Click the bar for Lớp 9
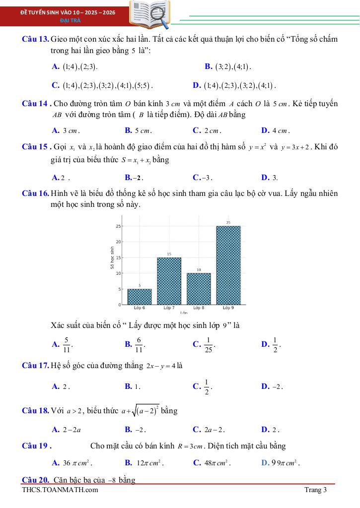coord(228,265)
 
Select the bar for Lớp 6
coord(140,296)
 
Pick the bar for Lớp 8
coord(199,288)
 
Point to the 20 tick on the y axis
coord(118,242)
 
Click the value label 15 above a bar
coord(169,254)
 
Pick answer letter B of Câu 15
coord(128,177)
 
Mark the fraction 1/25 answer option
coord(209,343)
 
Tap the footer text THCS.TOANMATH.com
coord(60,490)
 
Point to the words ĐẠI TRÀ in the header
coord(67,20)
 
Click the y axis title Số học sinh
coord(111,258)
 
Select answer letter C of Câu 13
coord(55,85)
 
